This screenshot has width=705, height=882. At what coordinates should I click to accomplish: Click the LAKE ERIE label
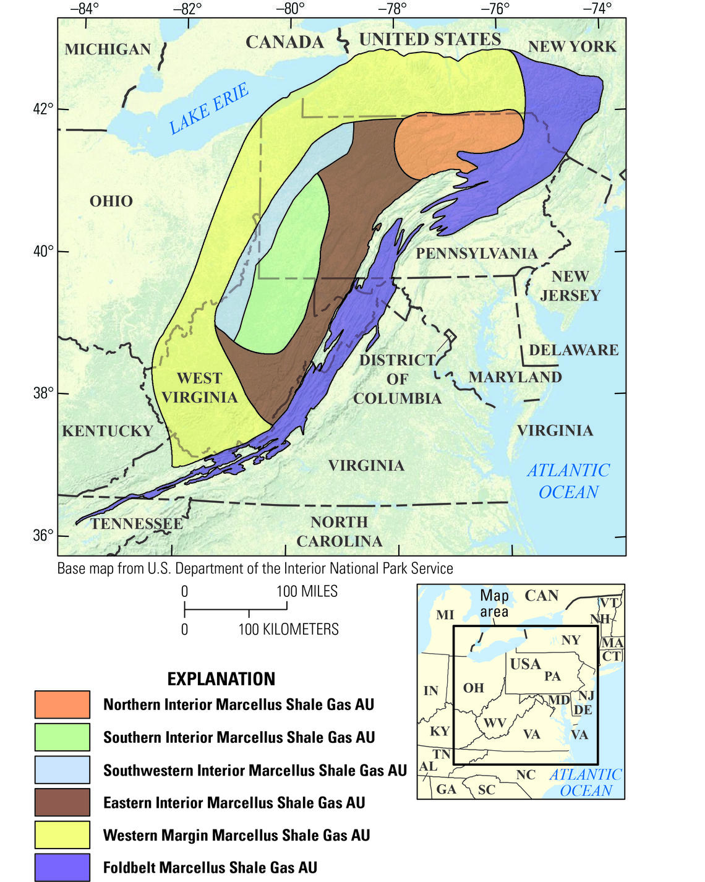(x=209, y=109)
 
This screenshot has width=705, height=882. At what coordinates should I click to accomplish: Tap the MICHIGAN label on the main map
(x=108, y=49)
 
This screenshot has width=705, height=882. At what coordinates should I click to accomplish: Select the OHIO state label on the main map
(x=111, y=201)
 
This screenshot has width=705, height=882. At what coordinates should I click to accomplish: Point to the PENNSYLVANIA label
(x=476, y=253)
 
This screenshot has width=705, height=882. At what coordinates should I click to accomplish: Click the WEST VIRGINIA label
(x=199, y=388)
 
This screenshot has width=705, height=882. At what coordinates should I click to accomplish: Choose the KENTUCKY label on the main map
(x=107, y=431)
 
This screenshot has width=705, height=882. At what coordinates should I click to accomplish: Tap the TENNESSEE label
(x=137, y=524)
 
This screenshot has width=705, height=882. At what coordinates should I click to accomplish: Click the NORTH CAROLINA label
(x=339, y=531)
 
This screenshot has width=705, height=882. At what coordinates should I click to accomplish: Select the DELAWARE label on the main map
(x=573, y=350)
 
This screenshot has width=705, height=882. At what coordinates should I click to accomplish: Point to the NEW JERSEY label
(x=570, y=286)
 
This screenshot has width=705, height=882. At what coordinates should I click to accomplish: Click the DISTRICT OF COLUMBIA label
(x=397, y=379)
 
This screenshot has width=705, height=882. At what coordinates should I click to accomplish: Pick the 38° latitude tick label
(x=43, y=393)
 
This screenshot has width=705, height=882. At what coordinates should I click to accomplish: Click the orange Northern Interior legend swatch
(x=62, y=704)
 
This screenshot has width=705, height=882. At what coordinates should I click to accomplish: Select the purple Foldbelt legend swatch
(x=62, y=867)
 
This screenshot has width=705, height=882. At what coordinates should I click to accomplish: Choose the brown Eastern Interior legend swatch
(x=62, y=802)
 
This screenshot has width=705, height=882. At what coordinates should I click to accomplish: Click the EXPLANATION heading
(x=221, y=679)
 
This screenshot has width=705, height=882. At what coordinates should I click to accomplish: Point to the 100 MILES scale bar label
(x=307, y=591)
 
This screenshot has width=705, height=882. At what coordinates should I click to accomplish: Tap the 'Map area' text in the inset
(x=494, y=603)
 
